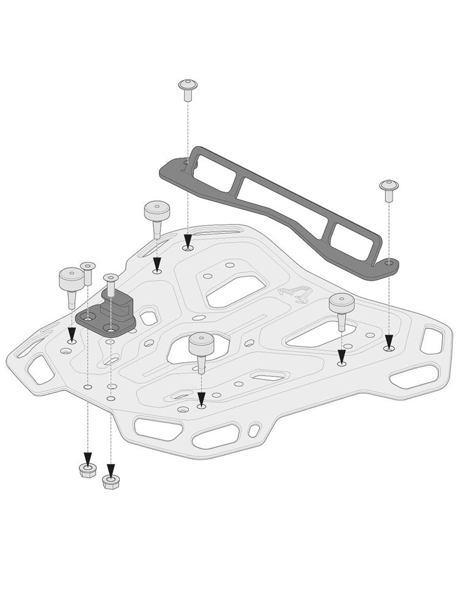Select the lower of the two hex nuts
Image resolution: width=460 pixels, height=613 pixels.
pyautogui.click(x=110, y=481)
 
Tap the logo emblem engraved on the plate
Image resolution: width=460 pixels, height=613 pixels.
pyautogui.click(x=294, y=294)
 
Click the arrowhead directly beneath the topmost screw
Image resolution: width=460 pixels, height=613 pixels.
pyautogui.click(x=186, y=241)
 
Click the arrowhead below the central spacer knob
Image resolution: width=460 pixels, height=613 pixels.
pyautogui.click(x=201, y=398)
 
